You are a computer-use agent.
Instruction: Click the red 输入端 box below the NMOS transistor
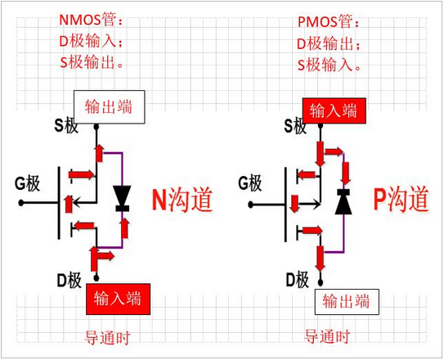[x=118, y=300]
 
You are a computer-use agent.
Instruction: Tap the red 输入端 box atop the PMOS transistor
[x=333, y=110]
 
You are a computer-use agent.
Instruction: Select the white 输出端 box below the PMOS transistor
[x=347, y=301]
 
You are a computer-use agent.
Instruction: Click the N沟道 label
[x=182, y=200]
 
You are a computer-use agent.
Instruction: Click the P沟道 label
[x=401, y=199]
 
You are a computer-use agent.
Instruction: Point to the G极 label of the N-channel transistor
[x=27, y=184]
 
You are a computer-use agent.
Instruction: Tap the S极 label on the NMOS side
[x=69, y=125]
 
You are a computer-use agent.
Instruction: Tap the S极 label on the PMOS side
[x=297, y=126]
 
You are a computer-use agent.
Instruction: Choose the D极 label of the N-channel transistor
[x=70, y=281]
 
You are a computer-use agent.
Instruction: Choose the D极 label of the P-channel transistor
[x=297, y=281]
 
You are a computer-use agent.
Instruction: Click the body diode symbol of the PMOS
[x=343, y=200]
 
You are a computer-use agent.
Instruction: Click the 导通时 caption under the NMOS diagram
[x=108, y=337]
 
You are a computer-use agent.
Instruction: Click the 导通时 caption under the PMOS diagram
[x=327, y=336]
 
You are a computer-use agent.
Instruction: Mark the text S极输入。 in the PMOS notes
[x=328, y=64]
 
